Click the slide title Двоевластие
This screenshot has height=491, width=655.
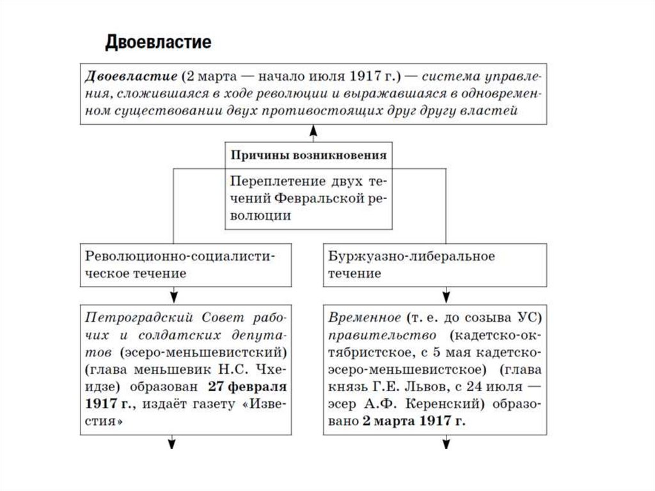pyautogui.click(x=157, y=43)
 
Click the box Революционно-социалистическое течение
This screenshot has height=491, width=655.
pyautogui.click(x=186, y=264)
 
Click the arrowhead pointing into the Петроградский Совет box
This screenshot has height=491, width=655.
pyautogui.click(x=173, y=295)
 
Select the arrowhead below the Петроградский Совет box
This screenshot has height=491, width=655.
pyautogui.click(x=173, y=443)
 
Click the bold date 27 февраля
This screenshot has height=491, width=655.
pyautogui.click(x=246, y=388)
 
